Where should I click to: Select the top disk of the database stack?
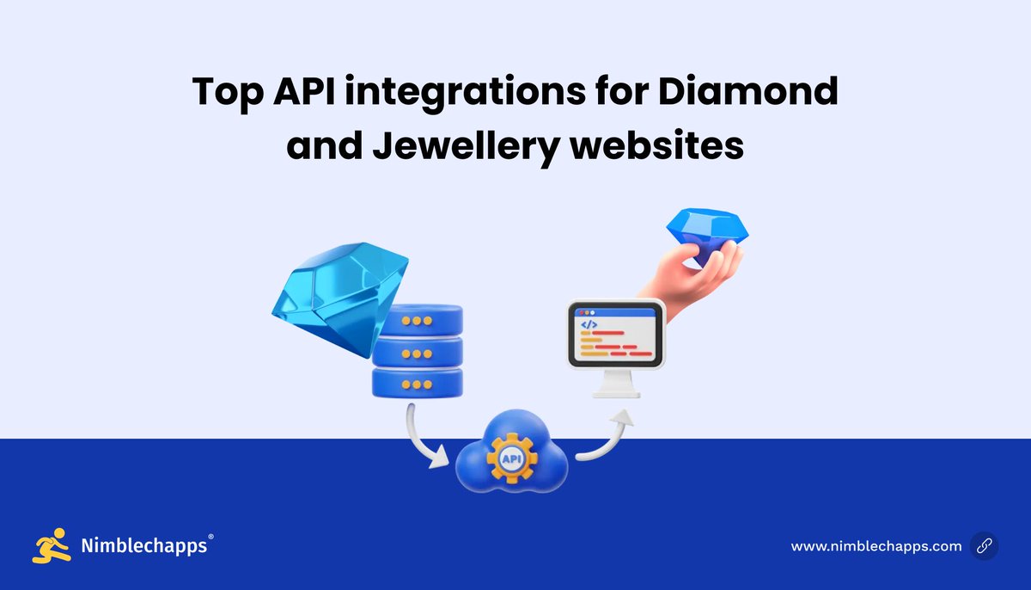click(418, 321)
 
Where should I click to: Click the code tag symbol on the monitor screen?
click(589, 325)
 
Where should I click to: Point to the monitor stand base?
click(616, 391)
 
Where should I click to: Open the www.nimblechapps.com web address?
click(875, 546)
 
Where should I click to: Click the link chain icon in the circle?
click(984, 546)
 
